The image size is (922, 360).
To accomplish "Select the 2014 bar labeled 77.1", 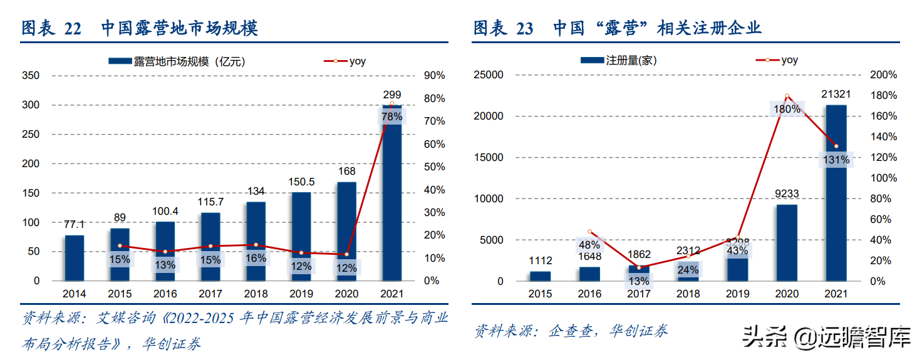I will tap(74, 258).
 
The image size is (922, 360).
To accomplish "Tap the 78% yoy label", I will tap(392, 116).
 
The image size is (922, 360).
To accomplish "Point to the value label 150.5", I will tap(301, 183).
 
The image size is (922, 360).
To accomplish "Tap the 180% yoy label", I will tap(787, 109).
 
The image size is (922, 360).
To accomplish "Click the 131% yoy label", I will tap(836, 160).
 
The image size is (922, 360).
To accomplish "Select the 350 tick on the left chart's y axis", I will tap(31, 76).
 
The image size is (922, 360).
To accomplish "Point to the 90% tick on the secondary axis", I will tap(434, 76).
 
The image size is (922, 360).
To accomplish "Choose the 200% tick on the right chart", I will tap(883, 75).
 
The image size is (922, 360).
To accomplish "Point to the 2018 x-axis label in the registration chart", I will tap(688, 294).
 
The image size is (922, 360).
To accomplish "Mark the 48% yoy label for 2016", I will tap(589, 245).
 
